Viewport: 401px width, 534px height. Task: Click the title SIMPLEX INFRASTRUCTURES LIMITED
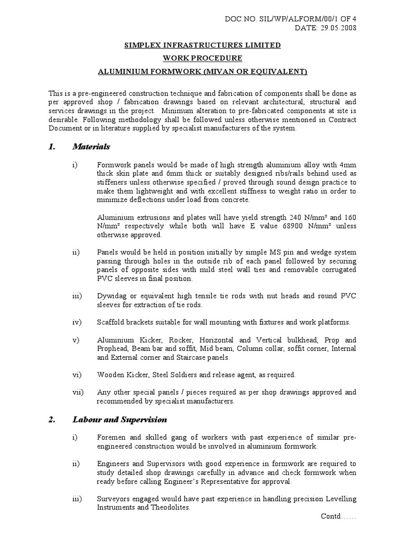202,45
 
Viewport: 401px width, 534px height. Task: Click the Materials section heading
91,147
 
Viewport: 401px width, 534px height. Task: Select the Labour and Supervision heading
120,419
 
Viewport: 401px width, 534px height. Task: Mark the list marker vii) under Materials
77,392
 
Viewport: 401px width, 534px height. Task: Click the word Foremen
112,437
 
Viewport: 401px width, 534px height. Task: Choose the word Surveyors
114,499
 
